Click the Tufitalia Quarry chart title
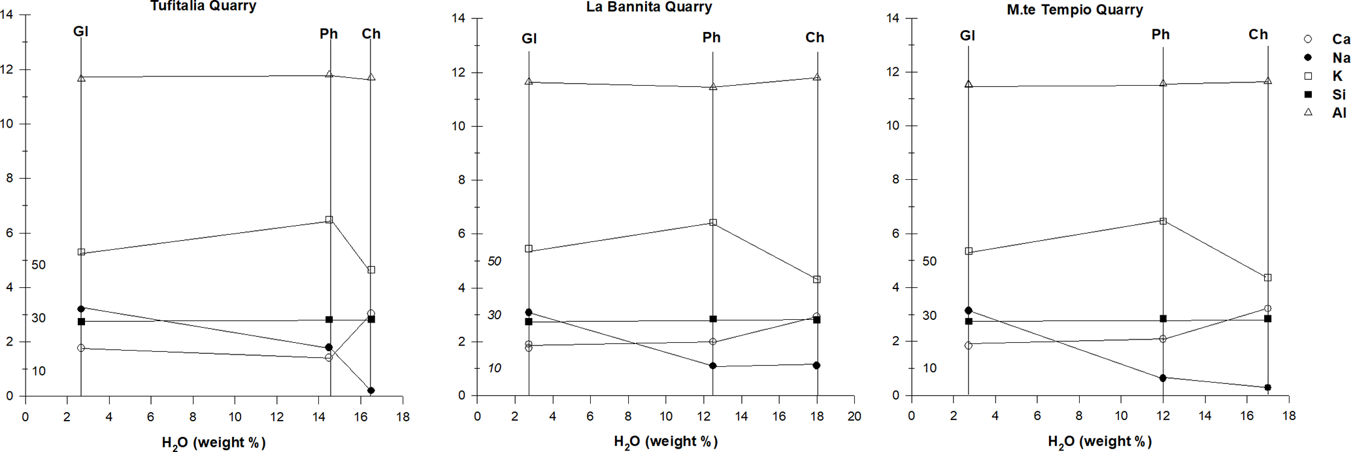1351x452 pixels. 203,6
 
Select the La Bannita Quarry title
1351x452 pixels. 648,7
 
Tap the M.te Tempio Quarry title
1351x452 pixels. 1075,10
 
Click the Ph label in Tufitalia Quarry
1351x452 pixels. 329,34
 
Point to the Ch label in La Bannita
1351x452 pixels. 814,38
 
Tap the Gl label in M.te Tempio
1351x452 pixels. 967,35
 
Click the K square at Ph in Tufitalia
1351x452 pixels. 329,220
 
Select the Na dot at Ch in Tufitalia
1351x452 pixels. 371,391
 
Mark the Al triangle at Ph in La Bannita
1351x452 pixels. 713,86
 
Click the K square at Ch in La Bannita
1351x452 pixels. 817,279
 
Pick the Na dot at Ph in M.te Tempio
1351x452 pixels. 1163,378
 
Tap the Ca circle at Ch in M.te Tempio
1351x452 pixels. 1267,308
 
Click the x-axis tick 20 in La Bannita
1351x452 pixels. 854,416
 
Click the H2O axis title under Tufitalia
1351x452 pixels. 214,443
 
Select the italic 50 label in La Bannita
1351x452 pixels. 495,261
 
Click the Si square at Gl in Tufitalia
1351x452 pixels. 81,322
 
